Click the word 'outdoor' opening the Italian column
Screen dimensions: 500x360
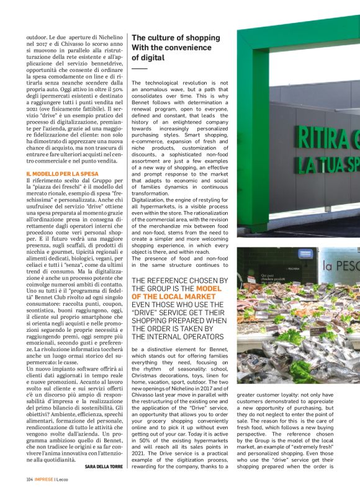point(38,37)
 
